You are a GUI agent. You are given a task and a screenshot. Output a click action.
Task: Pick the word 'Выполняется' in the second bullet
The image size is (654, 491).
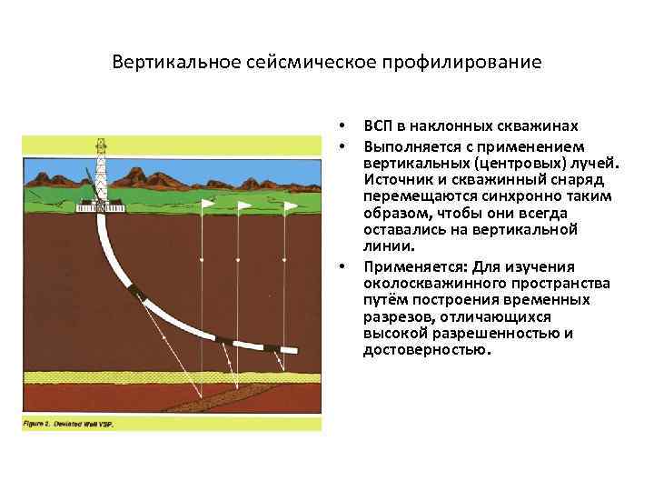404,145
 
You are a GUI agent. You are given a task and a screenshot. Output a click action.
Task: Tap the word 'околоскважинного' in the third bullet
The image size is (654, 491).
427,283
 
